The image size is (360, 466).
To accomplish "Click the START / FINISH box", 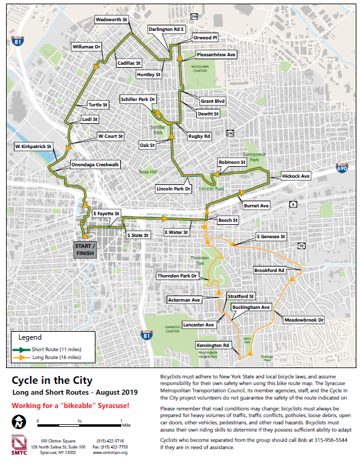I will (x=86, y=250).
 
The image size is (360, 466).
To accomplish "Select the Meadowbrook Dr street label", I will (x=304, y=319).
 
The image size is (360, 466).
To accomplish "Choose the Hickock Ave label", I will (x=295, y=176).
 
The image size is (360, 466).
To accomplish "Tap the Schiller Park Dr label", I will (x=138, y=99).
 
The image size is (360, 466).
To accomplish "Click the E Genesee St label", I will (x=270, y=236).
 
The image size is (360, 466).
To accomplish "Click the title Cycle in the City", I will (x=52, y=380).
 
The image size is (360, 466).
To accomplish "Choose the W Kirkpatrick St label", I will (x=34, y=146).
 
